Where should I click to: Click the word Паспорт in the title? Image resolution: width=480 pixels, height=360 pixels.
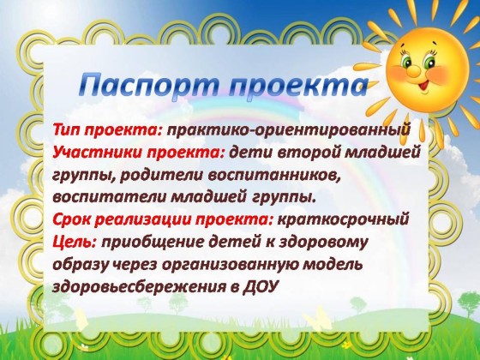149,86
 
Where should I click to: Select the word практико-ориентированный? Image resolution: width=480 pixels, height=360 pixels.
288,130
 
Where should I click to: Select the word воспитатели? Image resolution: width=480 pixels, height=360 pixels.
109,197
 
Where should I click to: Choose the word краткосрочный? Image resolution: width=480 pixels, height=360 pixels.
343,220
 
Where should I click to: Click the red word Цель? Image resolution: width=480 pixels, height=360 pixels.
75,243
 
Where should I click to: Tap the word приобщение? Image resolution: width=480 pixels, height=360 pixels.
154,243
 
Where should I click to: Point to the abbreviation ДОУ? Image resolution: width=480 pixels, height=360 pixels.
260,287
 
